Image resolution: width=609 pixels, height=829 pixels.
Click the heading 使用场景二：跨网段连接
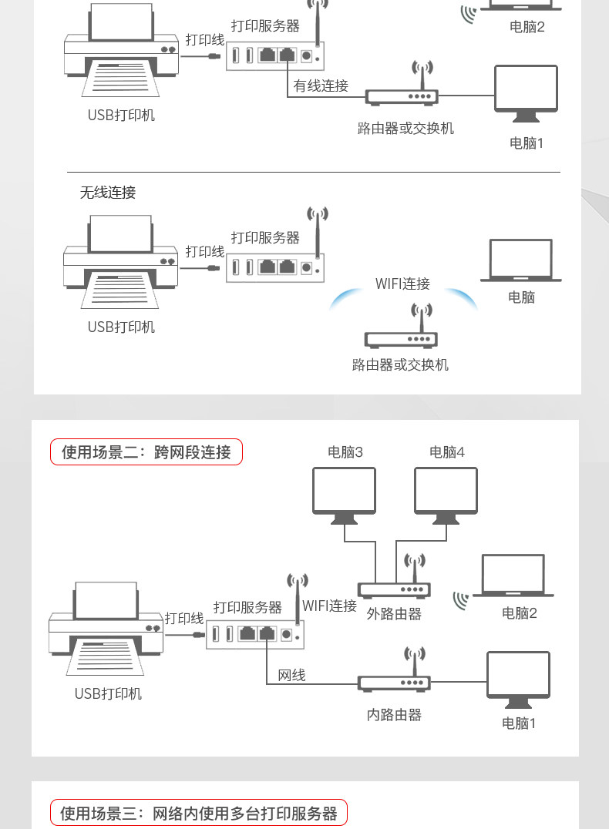[146, 452]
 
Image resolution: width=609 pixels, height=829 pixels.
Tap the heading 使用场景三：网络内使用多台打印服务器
[199, 813]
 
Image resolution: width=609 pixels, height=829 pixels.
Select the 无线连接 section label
[108, 193]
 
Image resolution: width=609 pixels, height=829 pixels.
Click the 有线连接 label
[321, 86]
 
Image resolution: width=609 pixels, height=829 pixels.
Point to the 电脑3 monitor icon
[345, 494]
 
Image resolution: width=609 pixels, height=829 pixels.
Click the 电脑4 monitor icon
[446, 494]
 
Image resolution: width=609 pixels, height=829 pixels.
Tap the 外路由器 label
[394, 614]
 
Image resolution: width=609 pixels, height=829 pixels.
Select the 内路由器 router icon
[394, 678]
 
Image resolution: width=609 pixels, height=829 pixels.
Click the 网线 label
[291, 676]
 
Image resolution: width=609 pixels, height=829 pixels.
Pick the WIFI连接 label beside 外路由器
[329, 606]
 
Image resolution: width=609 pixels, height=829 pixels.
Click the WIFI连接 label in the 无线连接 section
[402, 284]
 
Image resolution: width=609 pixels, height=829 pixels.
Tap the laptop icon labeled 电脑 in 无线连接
[521, 260]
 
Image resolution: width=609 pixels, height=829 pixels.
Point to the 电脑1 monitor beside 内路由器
[518, 679]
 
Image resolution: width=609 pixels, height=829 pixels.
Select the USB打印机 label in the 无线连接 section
[121, 327]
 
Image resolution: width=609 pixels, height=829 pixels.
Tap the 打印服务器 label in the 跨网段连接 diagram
[247, 608]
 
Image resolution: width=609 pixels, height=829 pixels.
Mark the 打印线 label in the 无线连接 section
[204, 252]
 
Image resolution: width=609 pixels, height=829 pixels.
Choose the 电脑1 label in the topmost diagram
[527, 143]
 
